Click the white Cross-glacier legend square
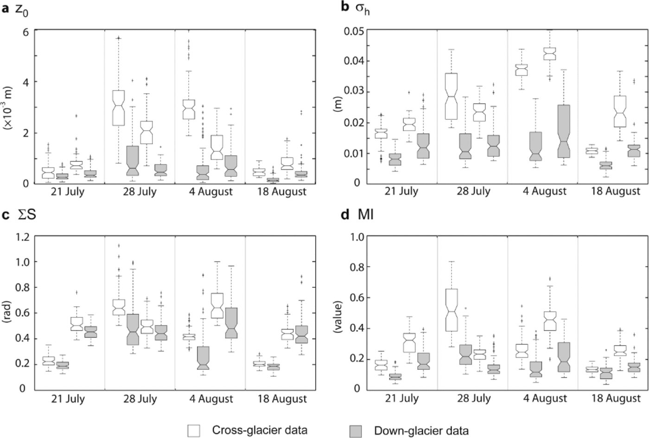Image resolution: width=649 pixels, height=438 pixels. [194, 431]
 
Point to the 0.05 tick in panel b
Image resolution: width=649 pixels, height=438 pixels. [352, 31]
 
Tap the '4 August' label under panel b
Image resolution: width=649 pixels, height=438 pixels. [543, 191]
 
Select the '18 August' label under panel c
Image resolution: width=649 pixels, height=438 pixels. [282, 399]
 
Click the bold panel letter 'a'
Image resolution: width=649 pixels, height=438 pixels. [6, 8]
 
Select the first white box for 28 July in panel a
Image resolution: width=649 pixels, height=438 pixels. [118, 108]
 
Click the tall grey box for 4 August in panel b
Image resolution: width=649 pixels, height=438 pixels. [563, 131]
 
